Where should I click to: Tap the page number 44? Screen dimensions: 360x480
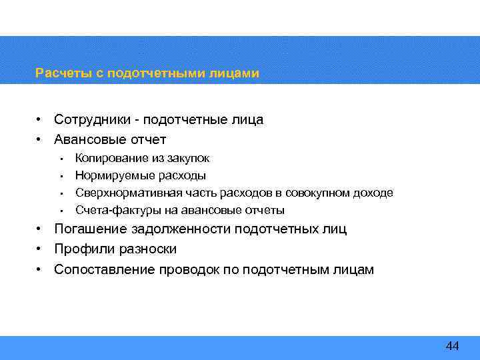pos(452,345)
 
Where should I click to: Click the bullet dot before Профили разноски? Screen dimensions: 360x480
pos(41,249)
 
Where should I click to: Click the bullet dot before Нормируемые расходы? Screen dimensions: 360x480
pos(61,177)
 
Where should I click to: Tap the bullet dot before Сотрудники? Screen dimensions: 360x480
pos(41,120)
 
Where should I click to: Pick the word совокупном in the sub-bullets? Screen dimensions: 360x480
pos(312,193)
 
